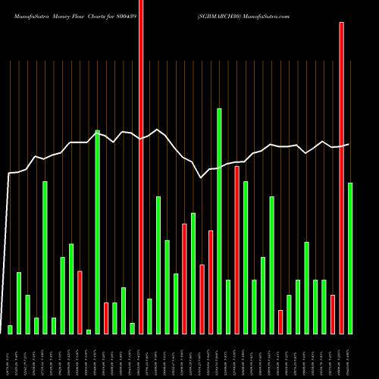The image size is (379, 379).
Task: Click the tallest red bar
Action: (x=141, y=167)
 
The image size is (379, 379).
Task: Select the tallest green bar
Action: (x=219, y=221)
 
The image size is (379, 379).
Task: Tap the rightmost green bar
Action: (x=350, y=258)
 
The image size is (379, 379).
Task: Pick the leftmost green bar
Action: (x=10, y=329)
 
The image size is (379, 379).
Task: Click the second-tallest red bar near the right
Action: (x=341, y=177)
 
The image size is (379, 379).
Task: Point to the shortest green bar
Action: (x=89, y=331)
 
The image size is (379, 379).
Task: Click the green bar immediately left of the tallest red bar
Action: (x=132, y=328)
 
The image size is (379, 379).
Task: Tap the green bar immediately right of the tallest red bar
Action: (x=149, y=316)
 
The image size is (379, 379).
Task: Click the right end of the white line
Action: (x=349, y=144)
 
